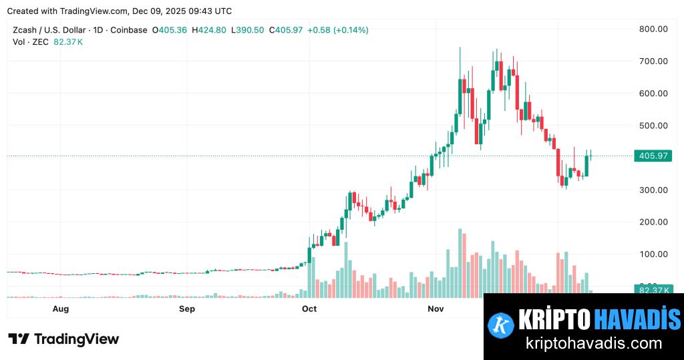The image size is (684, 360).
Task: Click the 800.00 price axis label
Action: click(x=654, y=29)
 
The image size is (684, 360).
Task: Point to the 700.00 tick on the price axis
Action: click(x=654, y=61)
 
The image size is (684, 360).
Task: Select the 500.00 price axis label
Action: click(x=654, y=126)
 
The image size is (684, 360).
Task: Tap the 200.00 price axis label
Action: click(x=654, y=222)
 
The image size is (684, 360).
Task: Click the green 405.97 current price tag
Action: click(x=654, y=156)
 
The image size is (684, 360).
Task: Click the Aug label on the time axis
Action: click(x=61, y=309)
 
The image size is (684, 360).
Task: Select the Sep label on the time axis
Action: click(x=187, y=309)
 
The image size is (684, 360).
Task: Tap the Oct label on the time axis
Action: click(x=309, y=309)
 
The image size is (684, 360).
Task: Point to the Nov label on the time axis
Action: click(x=436, y=309)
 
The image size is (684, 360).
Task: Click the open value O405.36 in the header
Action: click(x=170, y=30)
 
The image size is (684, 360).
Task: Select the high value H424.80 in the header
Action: click(x=209, y=30)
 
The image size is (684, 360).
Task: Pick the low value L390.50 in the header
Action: click(x=247, y=30)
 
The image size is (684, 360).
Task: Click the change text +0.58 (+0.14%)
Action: click(x=337, y=30)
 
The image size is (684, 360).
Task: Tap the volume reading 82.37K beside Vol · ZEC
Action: click(x=68, y=41)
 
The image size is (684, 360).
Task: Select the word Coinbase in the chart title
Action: click(x=128, y=30)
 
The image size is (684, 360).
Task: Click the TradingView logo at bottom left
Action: click(x=63, y=339)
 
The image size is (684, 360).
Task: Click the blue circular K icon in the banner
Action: click(x=500, y=324)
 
